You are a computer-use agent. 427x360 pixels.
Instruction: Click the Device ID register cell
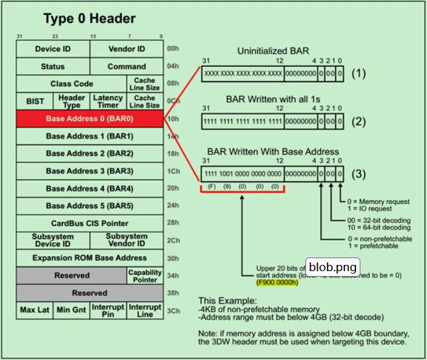point(52,49)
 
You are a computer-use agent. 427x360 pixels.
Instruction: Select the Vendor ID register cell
point(126,49)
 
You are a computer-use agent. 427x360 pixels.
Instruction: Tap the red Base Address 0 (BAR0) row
point(89,119)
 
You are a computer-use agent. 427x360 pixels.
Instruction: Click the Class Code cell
point(71,83)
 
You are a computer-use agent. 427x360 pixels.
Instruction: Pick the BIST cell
point(35,101)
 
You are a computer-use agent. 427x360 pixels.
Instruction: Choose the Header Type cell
point(72,101)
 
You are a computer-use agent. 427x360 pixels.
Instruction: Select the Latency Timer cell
point(108,101)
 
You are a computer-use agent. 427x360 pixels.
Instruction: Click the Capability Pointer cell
point(145,275)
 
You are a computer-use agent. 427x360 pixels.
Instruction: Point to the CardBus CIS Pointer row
point(89,223)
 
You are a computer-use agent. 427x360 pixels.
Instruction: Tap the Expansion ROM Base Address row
point(89,257)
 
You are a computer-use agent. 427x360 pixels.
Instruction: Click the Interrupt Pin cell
point(108,310)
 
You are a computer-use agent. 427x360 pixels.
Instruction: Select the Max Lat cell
point(35,310)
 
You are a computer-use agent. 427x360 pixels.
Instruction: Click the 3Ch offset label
point(173,311)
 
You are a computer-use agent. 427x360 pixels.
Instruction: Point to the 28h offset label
point(173,223)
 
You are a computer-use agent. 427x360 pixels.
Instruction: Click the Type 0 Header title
point(89,19)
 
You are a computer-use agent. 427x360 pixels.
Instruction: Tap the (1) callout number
point(359,73)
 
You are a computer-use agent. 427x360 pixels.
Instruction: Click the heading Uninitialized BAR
point(273,51)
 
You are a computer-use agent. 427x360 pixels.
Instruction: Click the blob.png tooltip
point(333,267)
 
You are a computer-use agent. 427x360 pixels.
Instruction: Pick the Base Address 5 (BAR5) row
point(89,206)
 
